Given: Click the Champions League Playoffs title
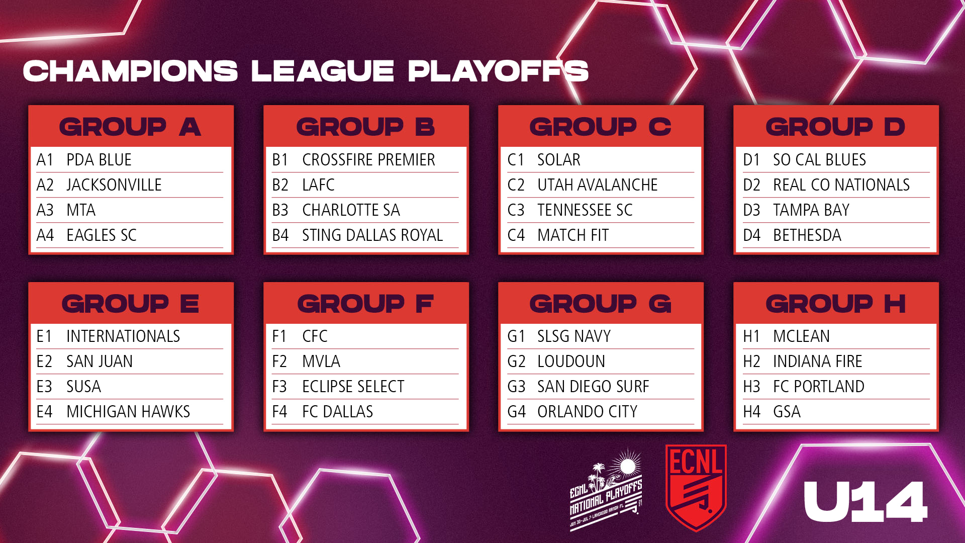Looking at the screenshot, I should click(x=306, y=71).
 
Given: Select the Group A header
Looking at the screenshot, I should click(x=131, y=127).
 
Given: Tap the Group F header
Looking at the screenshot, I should click(x=365, y=304).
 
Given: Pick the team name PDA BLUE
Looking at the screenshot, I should click(x=99, y=160).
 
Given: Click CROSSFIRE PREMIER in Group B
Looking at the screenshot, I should click(x=368, y=160).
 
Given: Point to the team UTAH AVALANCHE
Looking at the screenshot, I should click(x=597, y=185).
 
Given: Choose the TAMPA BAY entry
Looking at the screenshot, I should click(x=811, y=210).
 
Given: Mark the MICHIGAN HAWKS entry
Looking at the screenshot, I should click(x=128, y=412).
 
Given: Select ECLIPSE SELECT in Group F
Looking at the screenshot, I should click(x=353, y=387).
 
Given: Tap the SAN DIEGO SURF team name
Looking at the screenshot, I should click(x=593, y=387).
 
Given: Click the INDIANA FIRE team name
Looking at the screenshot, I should click(x=817, y=361).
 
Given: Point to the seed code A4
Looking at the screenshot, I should click(x=45, y=235).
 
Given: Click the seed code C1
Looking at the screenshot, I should click(x=516, y=160).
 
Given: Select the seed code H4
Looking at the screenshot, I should click(x=751, y=412).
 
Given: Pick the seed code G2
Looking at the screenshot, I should click(x=516, y=361).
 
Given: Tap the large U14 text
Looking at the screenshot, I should click(x=865, y=502).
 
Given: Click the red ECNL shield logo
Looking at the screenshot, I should click(x=696, y=487).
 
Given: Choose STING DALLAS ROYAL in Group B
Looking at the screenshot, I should click(x=372, y=235).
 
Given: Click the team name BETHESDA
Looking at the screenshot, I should click(x=807, y=235).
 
